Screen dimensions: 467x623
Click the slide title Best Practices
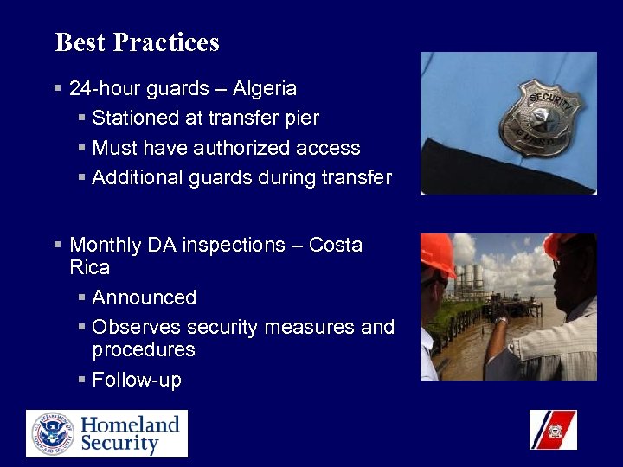click(137, 42)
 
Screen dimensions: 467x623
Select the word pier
click(302, 118)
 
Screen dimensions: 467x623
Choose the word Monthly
click(106, 245)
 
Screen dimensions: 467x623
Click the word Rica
click(89, 267)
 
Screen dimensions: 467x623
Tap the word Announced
click(144, 297)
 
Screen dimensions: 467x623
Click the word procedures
click(144, 349)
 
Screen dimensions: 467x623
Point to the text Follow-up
click(136, 380)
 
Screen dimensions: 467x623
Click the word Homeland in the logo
click(130, 424)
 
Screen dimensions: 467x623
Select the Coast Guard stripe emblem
click(552, 430)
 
